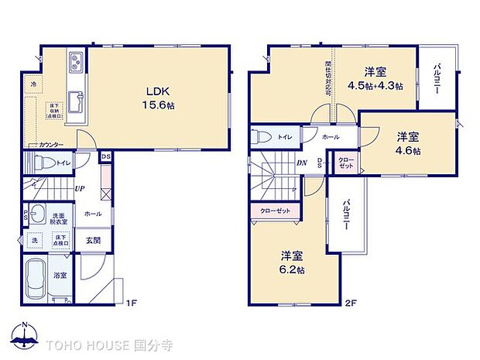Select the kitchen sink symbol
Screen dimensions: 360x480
[76, 101]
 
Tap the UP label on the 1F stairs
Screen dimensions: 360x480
[80, 188]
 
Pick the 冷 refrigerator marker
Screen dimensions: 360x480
[33, 84]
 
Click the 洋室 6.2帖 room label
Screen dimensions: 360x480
[293, 262]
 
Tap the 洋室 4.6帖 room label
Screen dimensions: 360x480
[408, 144]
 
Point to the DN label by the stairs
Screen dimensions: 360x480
[302, 163]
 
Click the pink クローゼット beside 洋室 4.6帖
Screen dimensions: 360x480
[345, 164]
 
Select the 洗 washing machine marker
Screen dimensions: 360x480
[34, 241]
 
